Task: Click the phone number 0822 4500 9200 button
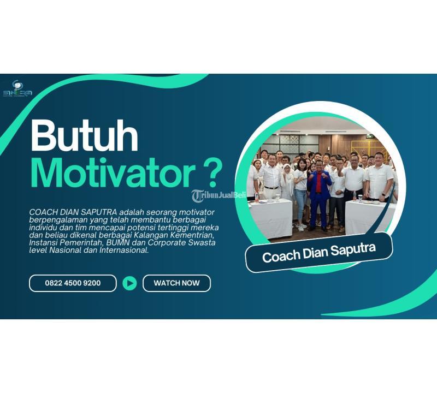click(x=73, y=283)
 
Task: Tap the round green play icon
click(x=129, y=283)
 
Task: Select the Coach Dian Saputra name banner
click(x=319, y=252)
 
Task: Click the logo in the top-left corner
click(x=17, y=89)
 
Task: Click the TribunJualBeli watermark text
click(x=218, y=195)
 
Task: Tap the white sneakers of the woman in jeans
click(x=300, y=224)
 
